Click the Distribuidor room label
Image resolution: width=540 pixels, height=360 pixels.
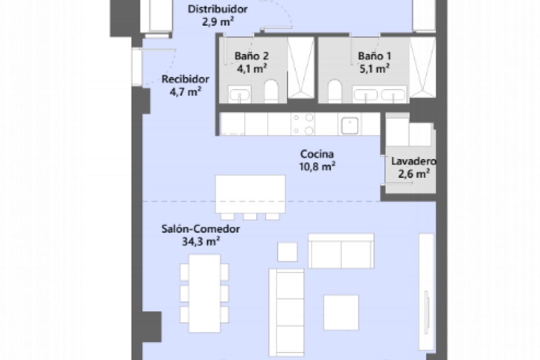[218, 9]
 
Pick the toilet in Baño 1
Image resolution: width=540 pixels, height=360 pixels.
[335, 91]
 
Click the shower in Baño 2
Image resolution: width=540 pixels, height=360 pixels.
[301, 67]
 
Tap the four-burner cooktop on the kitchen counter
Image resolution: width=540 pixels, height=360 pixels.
[303, 124]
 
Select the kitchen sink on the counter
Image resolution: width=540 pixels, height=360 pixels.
[351, 125]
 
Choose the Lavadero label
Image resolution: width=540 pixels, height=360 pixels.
[414, 161]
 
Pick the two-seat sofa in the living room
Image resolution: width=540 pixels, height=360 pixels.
[341, 251]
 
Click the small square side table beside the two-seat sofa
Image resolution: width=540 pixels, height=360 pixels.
[287, 252]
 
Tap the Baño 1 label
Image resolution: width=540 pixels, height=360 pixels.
[374, 56]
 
